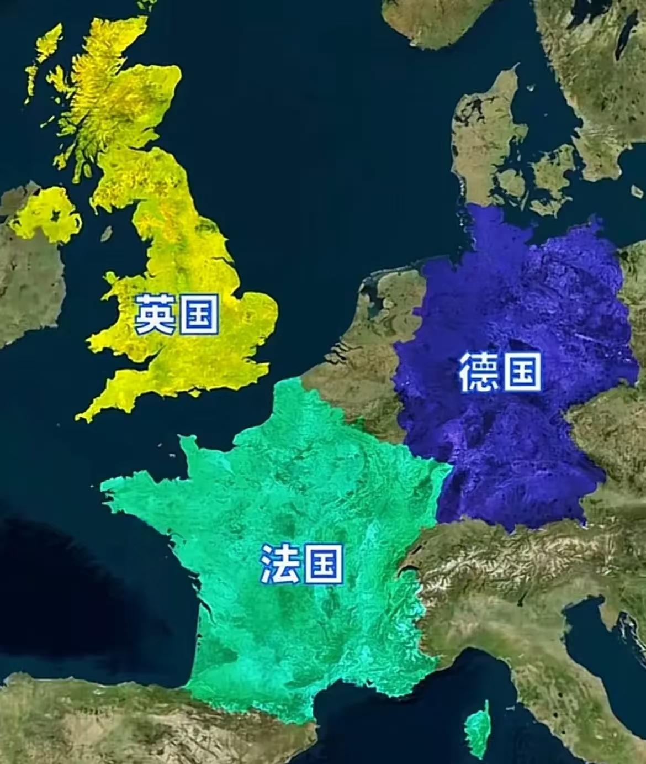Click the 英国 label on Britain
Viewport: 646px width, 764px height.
[177, 315]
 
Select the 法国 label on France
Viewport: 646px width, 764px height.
[301, 564]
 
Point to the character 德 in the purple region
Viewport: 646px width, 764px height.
[479, 373]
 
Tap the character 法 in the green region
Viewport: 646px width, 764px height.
[280, 564]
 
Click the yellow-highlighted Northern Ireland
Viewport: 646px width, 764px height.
[47, 215]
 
